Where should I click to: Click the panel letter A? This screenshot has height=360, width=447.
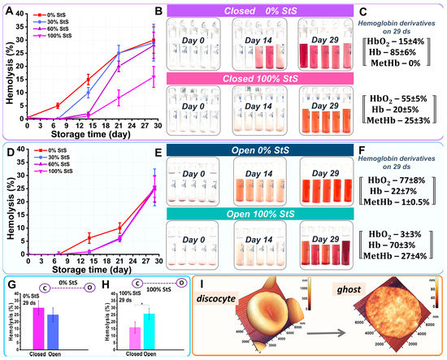tap(7, 11)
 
